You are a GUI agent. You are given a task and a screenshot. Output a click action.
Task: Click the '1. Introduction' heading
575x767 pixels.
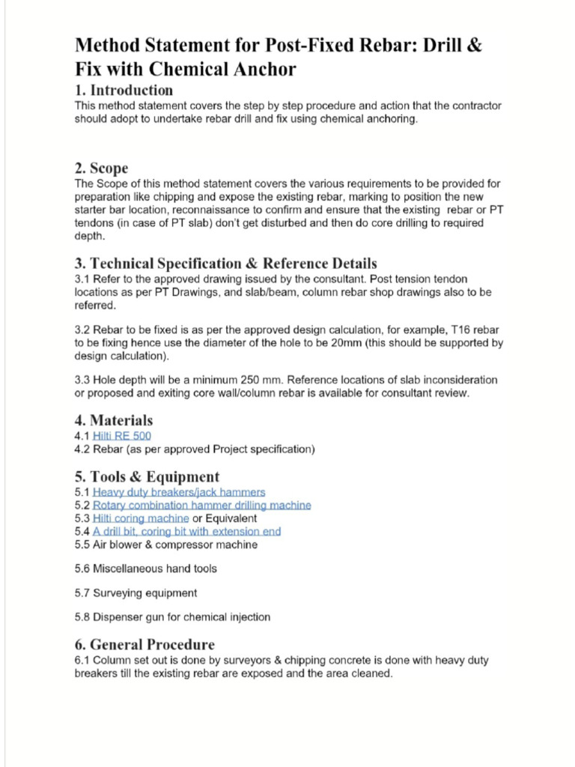click(124, 91)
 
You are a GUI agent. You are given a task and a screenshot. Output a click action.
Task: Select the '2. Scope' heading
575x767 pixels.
click(101, 168)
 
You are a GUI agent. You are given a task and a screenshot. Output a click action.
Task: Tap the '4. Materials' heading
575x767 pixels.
click(113, 420)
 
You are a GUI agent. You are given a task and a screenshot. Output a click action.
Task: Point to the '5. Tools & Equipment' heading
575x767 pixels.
click(147, 476)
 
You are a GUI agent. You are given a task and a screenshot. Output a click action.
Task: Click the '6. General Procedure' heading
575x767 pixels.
click(144, 644)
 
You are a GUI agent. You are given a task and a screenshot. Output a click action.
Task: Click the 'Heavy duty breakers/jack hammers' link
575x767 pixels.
click(179, 492)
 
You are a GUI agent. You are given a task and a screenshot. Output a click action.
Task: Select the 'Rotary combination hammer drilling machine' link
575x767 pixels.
click(202, 505)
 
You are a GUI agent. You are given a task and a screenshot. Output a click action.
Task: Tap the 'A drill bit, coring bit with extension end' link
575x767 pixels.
click(187, 531)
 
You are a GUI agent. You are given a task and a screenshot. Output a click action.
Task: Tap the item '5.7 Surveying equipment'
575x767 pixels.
click(136, 592)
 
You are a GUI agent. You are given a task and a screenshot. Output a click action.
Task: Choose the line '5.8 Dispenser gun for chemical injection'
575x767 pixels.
click(172, 617)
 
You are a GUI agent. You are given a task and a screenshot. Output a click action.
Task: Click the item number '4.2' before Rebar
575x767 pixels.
click(82, 449)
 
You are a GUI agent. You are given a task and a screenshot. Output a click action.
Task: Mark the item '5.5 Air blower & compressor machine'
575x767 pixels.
click(165, 545)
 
